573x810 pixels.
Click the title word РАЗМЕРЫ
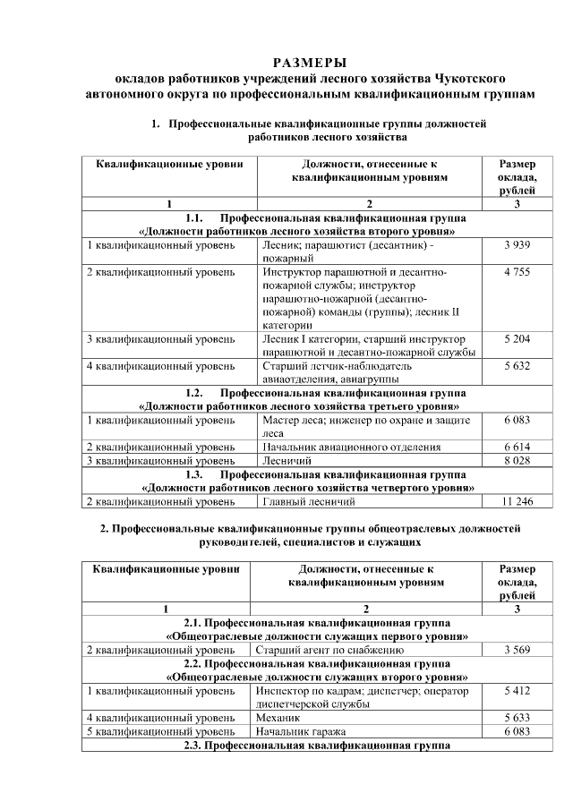pyautogui.click(x=310, y=62)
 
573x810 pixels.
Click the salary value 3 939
pyautogui.click(x=517, y=244)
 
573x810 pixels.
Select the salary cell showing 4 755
pyautogui.click(x=517, y=270)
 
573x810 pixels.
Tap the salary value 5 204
pyautogui.click(x=517, y=339)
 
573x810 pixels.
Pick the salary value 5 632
pyautogui.click(x=517, y=365)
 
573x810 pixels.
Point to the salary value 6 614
pyautogui.click(x=517, y=447)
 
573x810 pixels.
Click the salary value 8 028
pyautogui.click(x=517, y=460)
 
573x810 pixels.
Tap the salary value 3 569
pyautogui.click(x=517, y=650)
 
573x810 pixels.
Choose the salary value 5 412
pyautogui.click(x=517, y=691)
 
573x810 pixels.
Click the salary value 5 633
pyautogui.click(x=517, y=718)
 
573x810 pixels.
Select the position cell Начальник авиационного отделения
pyautogui.click(x=351, y=447)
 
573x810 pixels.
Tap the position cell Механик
pyautogui.click(x=278, y=718)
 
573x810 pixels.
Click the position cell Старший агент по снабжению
pyautogui.click(x=323, y=650)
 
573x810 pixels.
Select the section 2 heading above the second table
pyautogui.click(x=310, y=535)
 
